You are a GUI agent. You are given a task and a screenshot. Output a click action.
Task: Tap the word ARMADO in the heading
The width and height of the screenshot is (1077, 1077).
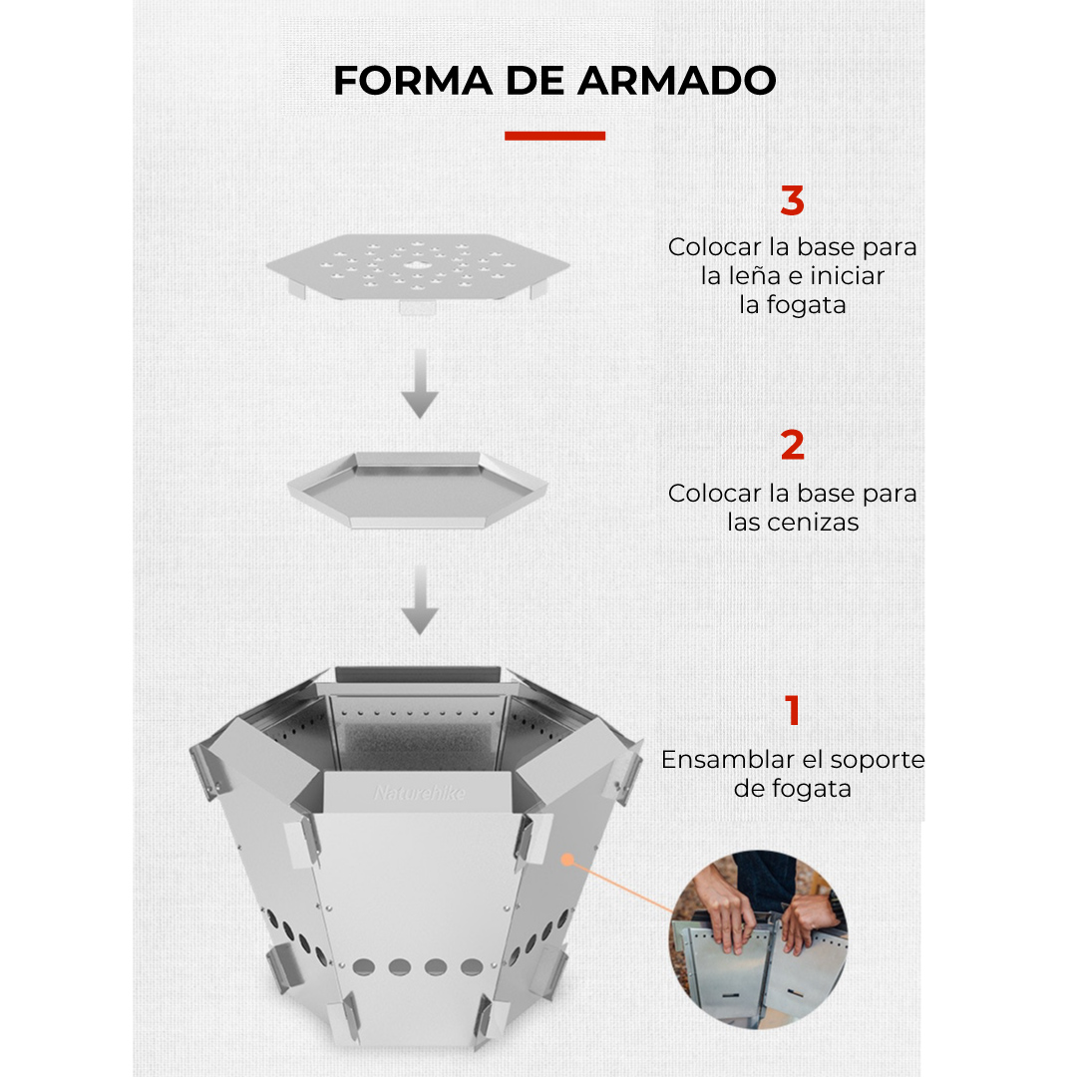(x=677, y=81)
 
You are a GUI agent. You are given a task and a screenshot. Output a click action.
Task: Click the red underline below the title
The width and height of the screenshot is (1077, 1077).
(x=555, y=136)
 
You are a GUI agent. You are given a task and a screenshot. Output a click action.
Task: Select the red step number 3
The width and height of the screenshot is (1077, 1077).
(x=792, y=200)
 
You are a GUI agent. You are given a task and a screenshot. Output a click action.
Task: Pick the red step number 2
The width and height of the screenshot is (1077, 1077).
(x=792, y=445)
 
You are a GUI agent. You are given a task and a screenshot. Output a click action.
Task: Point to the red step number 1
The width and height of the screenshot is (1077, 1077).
(x=792, y=710)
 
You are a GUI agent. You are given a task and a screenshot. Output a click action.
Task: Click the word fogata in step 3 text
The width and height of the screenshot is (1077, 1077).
(x=807, y=305)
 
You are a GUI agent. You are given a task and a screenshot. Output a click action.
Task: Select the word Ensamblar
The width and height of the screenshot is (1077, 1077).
(x=729, y=760)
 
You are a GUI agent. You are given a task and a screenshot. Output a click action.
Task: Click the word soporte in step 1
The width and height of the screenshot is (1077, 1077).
(x=878, y=760)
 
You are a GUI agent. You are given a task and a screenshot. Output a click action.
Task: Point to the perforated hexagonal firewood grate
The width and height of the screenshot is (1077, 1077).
(x=418, y=268)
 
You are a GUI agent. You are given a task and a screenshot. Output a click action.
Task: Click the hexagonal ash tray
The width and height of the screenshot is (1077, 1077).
(x=418, y=490)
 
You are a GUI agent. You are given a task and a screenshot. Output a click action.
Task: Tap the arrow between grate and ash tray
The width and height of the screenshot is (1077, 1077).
(x=420, y=383)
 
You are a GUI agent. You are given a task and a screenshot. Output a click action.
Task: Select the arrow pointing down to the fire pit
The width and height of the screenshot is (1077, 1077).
(x=420, y=599)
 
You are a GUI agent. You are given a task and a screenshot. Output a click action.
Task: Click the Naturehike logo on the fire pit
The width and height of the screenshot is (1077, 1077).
(x=419, y=794)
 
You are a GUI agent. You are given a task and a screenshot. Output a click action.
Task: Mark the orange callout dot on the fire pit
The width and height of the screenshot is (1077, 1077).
(x=567, y=860)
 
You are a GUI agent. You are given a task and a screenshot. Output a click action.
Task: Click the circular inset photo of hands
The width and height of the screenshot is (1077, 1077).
(x=758, y=939)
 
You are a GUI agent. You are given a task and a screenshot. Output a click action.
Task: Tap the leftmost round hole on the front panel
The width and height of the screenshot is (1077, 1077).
(x=363, y=967)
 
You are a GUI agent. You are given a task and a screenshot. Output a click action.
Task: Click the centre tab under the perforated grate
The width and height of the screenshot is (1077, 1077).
(x=418, y=307)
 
